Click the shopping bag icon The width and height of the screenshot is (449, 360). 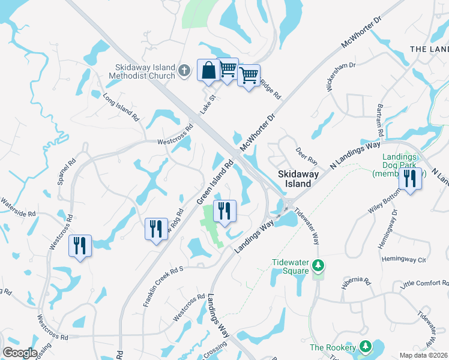(208, 71)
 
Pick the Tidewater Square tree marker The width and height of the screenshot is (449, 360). (319, 265)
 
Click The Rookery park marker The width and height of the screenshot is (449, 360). (365, 347)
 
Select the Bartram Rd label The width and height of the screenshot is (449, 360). (381, 122)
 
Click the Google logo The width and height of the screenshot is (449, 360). (20, 353)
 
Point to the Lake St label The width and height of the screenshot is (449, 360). (208, 107)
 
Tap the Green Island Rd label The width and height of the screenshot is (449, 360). (214, 181)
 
